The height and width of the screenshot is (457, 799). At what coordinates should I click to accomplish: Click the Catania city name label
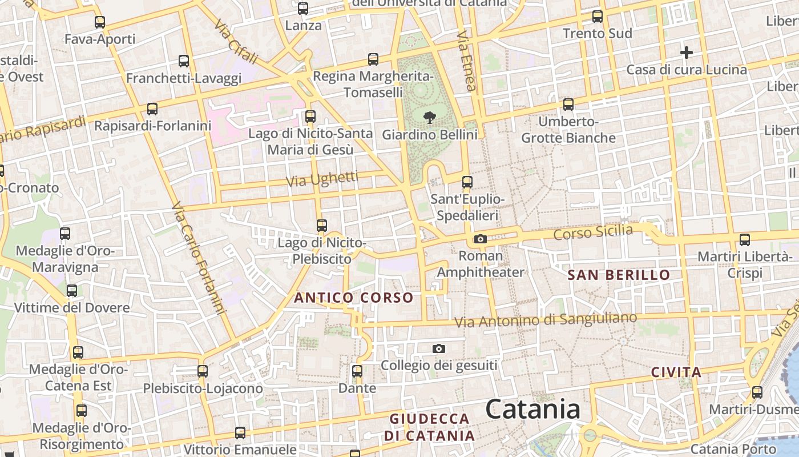pyautogui.click(x=532, y=409)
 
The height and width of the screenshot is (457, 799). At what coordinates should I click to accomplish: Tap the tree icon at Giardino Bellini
pyautogui.click(x=429, y=118)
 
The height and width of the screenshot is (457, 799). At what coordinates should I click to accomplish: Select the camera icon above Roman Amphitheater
pyautogui.click(x=481, y=239)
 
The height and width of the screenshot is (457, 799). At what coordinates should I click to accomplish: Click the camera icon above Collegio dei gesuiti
pyautogui.click(x=438, y=348)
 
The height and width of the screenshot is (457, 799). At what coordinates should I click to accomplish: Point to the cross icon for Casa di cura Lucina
pyautogui.click(x=687, y=53)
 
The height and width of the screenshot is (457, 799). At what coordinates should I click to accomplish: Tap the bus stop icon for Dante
pyautogui.click(x=357, y=371)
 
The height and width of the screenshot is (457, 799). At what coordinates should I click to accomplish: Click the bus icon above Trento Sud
pyautogui.click(x=598, y=17)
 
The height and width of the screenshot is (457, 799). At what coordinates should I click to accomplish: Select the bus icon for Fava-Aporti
pyautogui.click(x=100, y=22)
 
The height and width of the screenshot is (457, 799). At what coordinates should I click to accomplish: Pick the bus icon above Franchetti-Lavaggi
pyautogui.click(x=184, y=61)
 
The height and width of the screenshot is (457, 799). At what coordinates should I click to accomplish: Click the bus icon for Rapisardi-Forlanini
pyautogui.click(x=152, y=109)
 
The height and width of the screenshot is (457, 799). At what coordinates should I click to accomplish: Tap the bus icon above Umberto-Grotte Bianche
pyautogui.click(x=568, y=105)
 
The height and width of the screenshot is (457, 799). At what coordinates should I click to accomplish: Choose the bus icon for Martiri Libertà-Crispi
pyautogui.click(x=745, y=240)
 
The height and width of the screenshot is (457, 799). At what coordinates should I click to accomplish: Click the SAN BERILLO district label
pyautogui.click(x=619, y=275)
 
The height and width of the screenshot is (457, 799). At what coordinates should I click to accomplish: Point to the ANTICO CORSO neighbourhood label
pyautogui.click(x=353, y=298)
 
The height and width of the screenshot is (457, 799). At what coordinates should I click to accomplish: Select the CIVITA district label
pyautogui.click(x=676, y=372)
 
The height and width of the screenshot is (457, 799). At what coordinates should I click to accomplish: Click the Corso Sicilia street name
pyautogui.click(x=593, y=232)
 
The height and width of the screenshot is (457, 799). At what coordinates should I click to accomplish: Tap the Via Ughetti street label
pyautogui.click(x=322, y=179)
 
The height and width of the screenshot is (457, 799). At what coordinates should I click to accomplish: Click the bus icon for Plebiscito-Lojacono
pyautogui.click(x=203, y=371)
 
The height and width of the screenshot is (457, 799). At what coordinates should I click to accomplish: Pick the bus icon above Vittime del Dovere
pyautogui.click(x=72, y=291)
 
